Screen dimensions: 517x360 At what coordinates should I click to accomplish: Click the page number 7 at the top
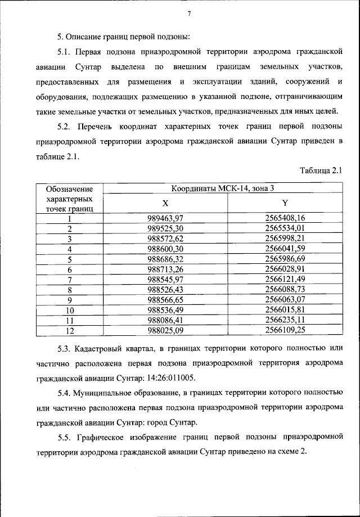pos(190,14)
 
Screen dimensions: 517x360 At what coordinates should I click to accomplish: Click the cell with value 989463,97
pos(165,218)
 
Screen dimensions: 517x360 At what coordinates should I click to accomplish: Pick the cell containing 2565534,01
pos(285,228)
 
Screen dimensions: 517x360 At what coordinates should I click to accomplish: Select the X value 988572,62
pos(165,239)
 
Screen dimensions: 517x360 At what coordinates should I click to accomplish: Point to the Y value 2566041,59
pos(285,249)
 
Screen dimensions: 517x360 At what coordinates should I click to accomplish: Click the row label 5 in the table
pos(70,259)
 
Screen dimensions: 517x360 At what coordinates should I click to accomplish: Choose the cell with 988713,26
pos(165,269)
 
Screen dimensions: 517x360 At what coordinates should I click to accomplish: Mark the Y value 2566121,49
pos(285,280)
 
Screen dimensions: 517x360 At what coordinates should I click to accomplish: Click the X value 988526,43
pos(165,290)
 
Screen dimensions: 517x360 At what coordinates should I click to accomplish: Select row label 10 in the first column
pos(70,310)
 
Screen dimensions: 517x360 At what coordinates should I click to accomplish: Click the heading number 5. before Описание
pos(60,37)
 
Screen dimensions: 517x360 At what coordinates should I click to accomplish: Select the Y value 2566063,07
pos(285,300)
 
